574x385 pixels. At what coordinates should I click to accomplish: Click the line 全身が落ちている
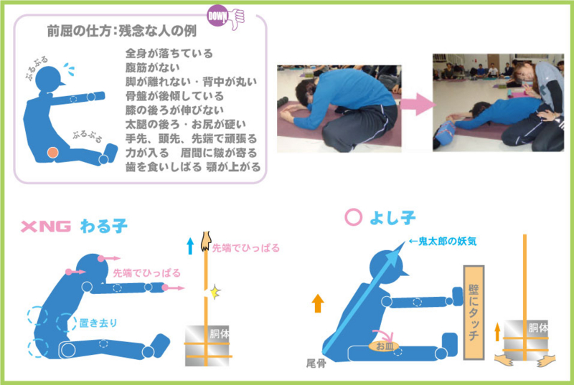[x=169, y=54]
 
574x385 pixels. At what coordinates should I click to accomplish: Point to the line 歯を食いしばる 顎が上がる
[x=192, y=166]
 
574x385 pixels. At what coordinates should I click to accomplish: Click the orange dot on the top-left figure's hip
[x=52, y=152]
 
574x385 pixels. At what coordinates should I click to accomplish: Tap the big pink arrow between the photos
[x=415, y=106]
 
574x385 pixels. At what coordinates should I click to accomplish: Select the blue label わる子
[x=104, y=227]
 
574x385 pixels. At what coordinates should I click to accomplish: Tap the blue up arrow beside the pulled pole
[x=190, y=247]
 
